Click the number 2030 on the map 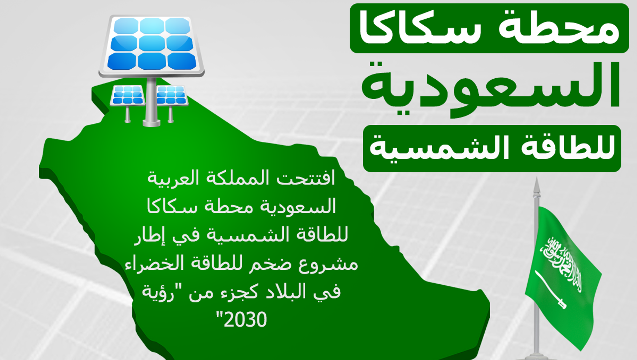pos(245,320)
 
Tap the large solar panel pos(151,45)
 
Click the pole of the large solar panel pos(151,101)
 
